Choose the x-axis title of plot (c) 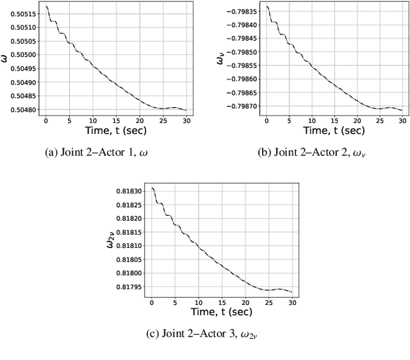point(222,312)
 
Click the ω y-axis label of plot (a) point(6,59)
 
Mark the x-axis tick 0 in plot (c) point(152,302)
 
